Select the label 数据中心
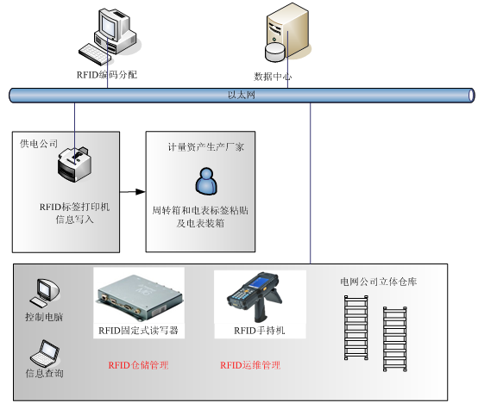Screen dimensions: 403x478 [x=273, y=76]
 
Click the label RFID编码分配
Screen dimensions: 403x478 [x=106, y=75]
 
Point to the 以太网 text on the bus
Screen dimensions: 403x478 [x=241, y=96]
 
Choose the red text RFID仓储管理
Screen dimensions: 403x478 [x=138, y=365]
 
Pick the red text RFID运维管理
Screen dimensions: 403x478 [x=250, y=365]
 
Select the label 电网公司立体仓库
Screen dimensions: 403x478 [x=379, y=282]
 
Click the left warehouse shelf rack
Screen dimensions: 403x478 [x=356, y=332]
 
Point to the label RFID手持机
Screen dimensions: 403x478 [x=259, y=330]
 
